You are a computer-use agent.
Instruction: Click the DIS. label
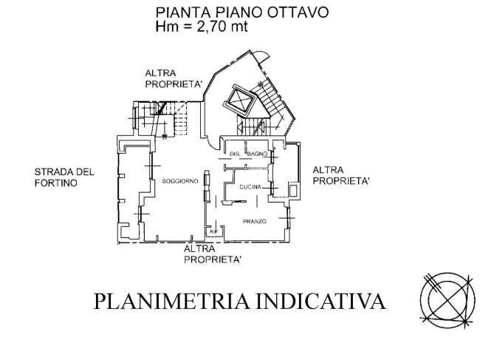tap(236, 154)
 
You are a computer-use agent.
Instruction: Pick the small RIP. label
tap(213, 234)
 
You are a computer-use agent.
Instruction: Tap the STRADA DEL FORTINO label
tap(64, 178)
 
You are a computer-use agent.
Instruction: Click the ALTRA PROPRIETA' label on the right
tap(341, 175)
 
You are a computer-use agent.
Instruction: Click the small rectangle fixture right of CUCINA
tap(294, 191)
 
